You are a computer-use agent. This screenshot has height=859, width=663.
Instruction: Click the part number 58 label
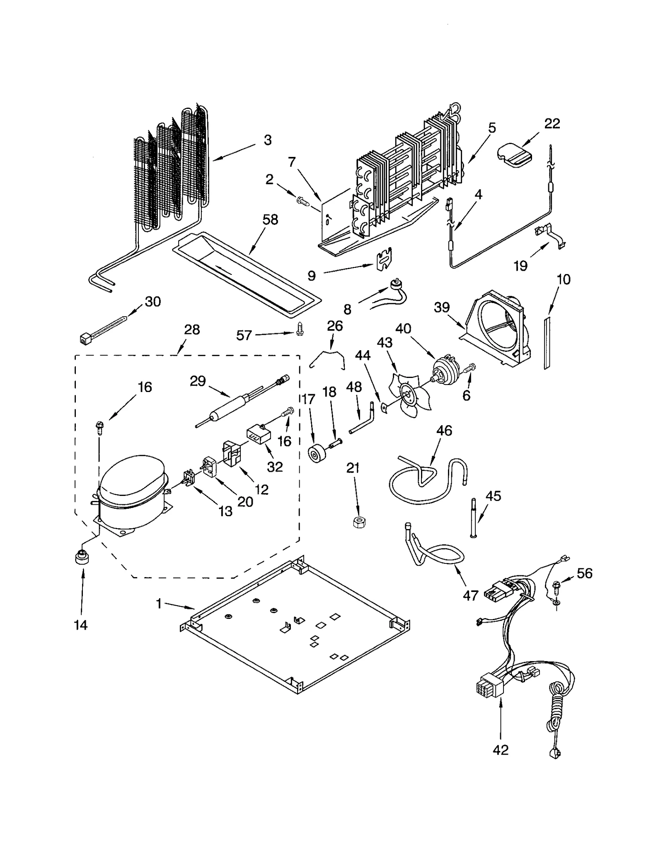270,219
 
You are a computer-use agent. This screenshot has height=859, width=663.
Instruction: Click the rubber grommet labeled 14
82,557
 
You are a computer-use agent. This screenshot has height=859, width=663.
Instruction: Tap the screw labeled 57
301,330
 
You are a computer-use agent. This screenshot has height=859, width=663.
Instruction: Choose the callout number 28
192,330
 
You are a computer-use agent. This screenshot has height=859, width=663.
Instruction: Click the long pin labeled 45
474,519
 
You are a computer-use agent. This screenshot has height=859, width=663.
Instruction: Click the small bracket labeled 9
384,260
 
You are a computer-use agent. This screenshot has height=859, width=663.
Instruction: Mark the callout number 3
268,140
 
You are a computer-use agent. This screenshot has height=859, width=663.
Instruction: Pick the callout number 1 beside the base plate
159,604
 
